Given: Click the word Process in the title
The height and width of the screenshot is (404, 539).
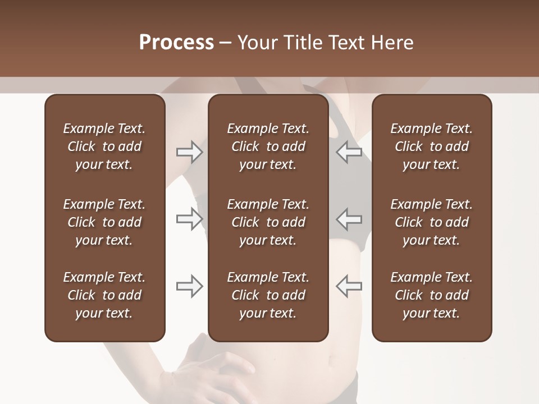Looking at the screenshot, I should click(176, 43).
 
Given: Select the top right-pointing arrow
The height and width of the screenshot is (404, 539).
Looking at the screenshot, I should click(189, 152).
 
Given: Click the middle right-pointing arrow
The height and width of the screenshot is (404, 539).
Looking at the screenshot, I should click(189, 219).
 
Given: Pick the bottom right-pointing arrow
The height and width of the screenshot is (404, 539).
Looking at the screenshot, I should click(189, 286).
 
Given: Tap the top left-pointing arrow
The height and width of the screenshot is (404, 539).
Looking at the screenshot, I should click(349, 152).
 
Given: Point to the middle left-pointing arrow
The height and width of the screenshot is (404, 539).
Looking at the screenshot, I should click(349, 219).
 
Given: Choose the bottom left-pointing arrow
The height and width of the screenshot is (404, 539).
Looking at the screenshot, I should click(349, 286).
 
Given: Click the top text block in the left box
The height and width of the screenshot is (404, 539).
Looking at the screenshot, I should click(104, 146).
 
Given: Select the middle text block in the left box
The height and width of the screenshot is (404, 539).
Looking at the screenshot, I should click(104, 222).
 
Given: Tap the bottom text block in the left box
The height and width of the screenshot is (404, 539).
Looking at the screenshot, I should click(104, 295).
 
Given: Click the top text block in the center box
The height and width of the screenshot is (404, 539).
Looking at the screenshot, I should click(268, 146).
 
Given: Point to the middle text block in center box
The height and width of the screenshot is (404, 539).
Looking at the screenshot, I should click(268, 222).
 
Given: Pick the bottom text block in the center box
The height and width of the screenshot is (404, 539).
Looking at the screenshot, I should click(268, 295).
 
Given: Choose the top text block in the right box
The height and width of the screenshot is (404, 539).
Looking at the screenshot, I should click(431, 146).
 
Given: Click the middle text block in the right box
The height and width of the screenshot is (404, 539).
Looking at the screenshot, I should click(431, 222).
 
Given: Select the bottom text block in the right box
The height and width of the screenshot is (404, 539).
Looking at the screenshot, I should click(431, 295).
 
